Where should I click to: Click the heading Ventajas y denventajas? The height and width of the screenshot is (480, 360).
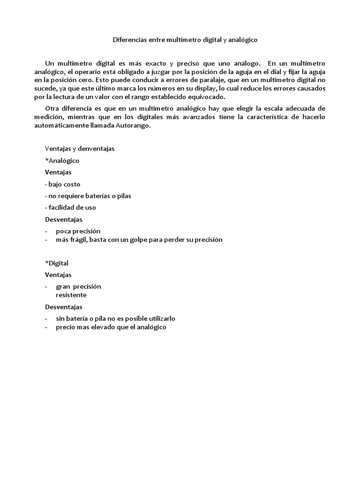tap(80, 149)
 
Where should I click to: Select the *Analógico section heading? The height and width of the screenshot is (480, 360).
tap(62, 160)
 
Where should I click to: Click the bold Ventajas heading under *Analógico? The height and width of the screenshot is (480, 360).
tap(58, 172)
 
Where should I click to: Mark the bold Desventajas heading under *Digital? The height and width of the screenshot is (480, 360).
tap(63, 307)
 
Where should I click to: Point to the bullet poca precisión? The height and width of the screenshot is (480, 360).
tap(78, 231)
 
